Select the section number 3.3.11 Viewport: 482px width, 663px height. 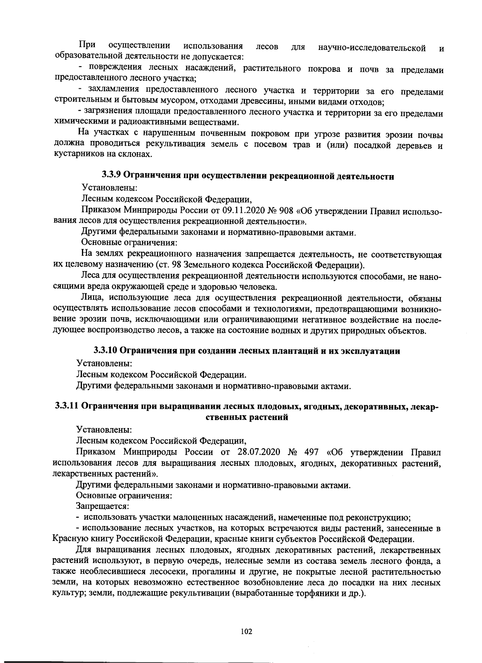tap(67, 406)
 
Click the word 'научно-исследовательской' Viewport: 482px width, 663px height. tap(372, 48)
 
